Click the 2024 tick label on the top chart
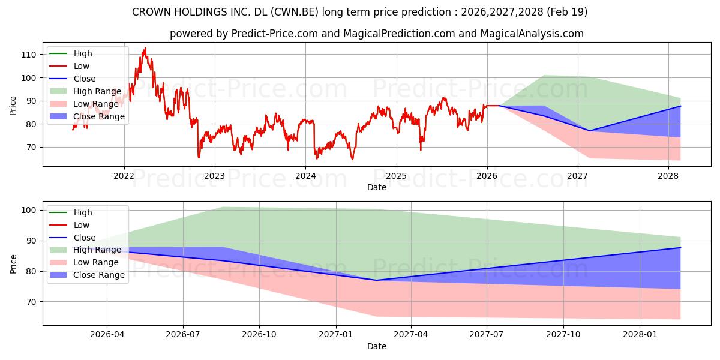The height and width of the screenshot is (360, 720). click(x=305, y=176)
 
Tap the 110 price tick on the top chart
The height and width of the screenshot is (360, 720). click(x=28, y=55)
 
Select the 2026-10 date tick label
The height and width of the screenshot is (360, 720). click(x=259, y=335)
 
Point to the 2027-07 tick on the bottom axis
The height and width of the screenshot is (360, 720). click(x=487, y=335)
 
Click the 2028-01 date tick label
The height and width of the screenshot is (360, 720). click(x=640, y=335)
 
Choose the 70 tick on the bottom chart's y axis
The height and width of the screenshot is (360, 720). click(x=31, y=302)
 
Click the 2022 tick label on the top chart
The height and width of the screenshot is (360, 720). click(x=124, y=176)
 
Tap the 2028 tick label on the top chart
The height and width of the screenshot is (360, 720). click(x=668, y=176)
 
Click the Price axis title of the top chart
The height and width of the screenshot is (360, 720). click(x=13, y=106)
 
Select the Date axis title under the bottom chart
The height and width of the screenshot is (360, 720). click(x=377, y=347)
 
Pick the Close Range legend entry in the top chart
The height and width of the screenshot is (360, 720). click(x=87, y=116)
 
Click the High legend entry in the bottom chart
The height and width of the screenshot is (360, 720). click(x=71, y=212)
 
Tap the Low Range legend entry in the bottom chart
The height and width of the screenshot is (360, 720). click(x=84, y=262)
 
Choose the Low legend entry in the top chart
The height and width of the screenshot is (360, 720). click(x=69, y=66)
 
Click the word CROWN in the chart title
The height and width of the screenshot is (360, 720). click(x=151, y=12)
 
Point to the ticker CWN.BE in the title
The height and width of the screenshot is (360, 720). click(x=295, y=12)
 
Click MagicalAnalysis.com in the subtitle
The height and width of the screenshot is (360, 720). click(x=532, y=34)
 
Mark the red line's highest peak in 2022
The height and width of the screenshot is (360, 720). click(x=146, y=48)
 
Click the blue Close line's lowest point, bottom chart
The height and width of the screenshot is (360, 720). click(x=376, y=280)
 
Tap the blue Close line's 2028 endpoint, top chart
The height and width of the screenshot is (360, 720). click(x=680, y=106)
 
